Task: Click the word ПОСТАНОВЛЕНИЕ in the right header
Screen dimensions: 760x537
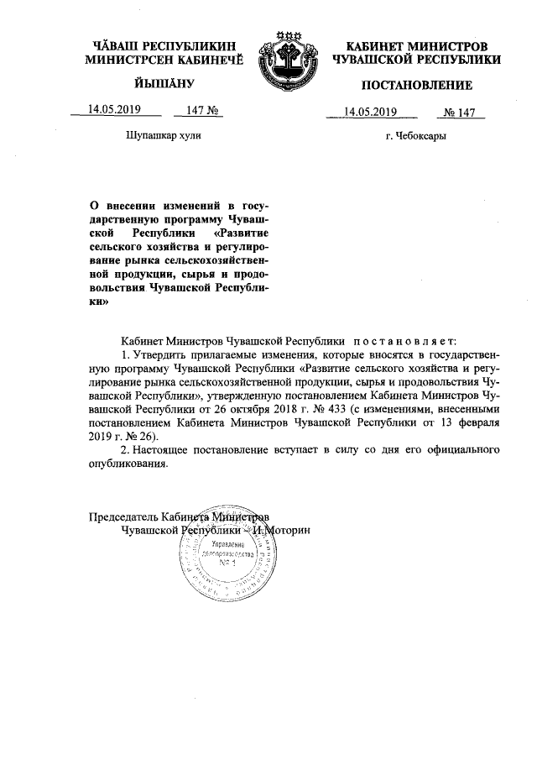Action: click(417, 86)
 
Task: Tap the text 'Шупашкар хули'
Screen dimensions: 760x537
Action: click(163, 134)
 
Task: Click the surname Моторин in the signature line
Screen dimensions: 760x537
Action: click(292, 532)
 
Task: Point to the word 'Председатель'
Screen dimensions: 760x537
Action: click(123, 517)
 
